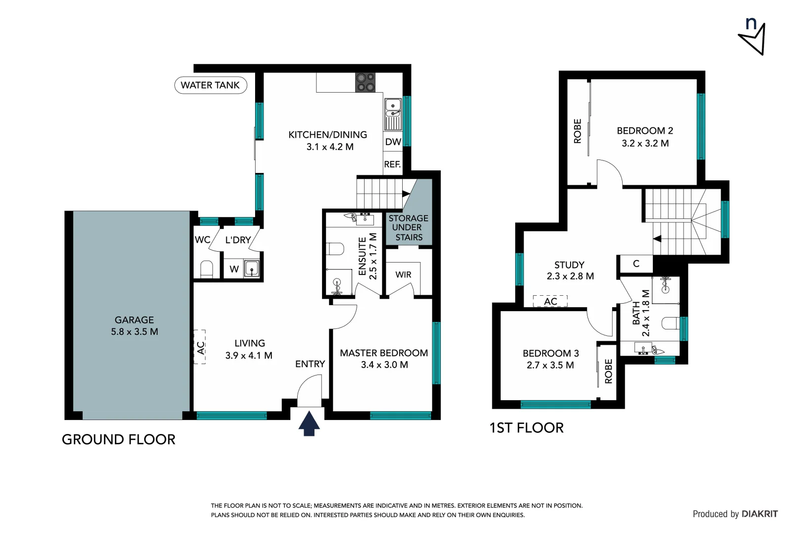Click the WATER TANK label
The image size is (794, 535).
point(211,85)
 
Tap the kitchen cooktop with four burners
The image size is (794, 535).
point(365,83)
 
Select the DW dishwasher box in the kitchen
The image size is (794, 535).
point(393,142)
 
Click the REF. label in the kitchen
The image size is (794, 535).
point(392,164)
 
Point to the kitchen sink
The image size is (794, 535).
point(393,113)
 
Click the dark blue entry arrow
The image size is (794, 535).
point(309,424)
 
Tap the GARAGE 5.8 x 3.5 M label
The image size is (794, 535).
point(134,326)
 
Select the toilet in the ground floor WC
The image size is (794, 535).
point(207,269)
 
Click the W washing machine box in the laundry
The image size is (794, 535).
point(234,269)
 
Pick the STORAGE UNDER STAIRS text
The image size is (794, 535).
point(409,228)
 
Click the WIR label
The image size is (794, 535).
point(403,274)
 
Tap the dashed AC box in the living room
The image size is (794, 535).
point(200,347)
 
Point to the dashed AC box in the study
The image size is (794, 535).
point(550,301)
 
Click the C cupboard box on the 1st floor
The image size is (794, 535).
point(636,264)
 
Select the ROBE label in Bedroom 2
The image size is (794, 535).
point(578,131)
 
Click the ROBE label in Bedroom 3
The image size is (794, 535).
point(608,371)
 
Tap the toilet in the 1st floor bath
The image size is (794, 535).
point(670,323)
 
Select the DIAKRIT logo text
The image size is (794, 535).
point(759,514)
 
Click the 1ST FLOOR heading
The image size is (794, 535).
point(526,428)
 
